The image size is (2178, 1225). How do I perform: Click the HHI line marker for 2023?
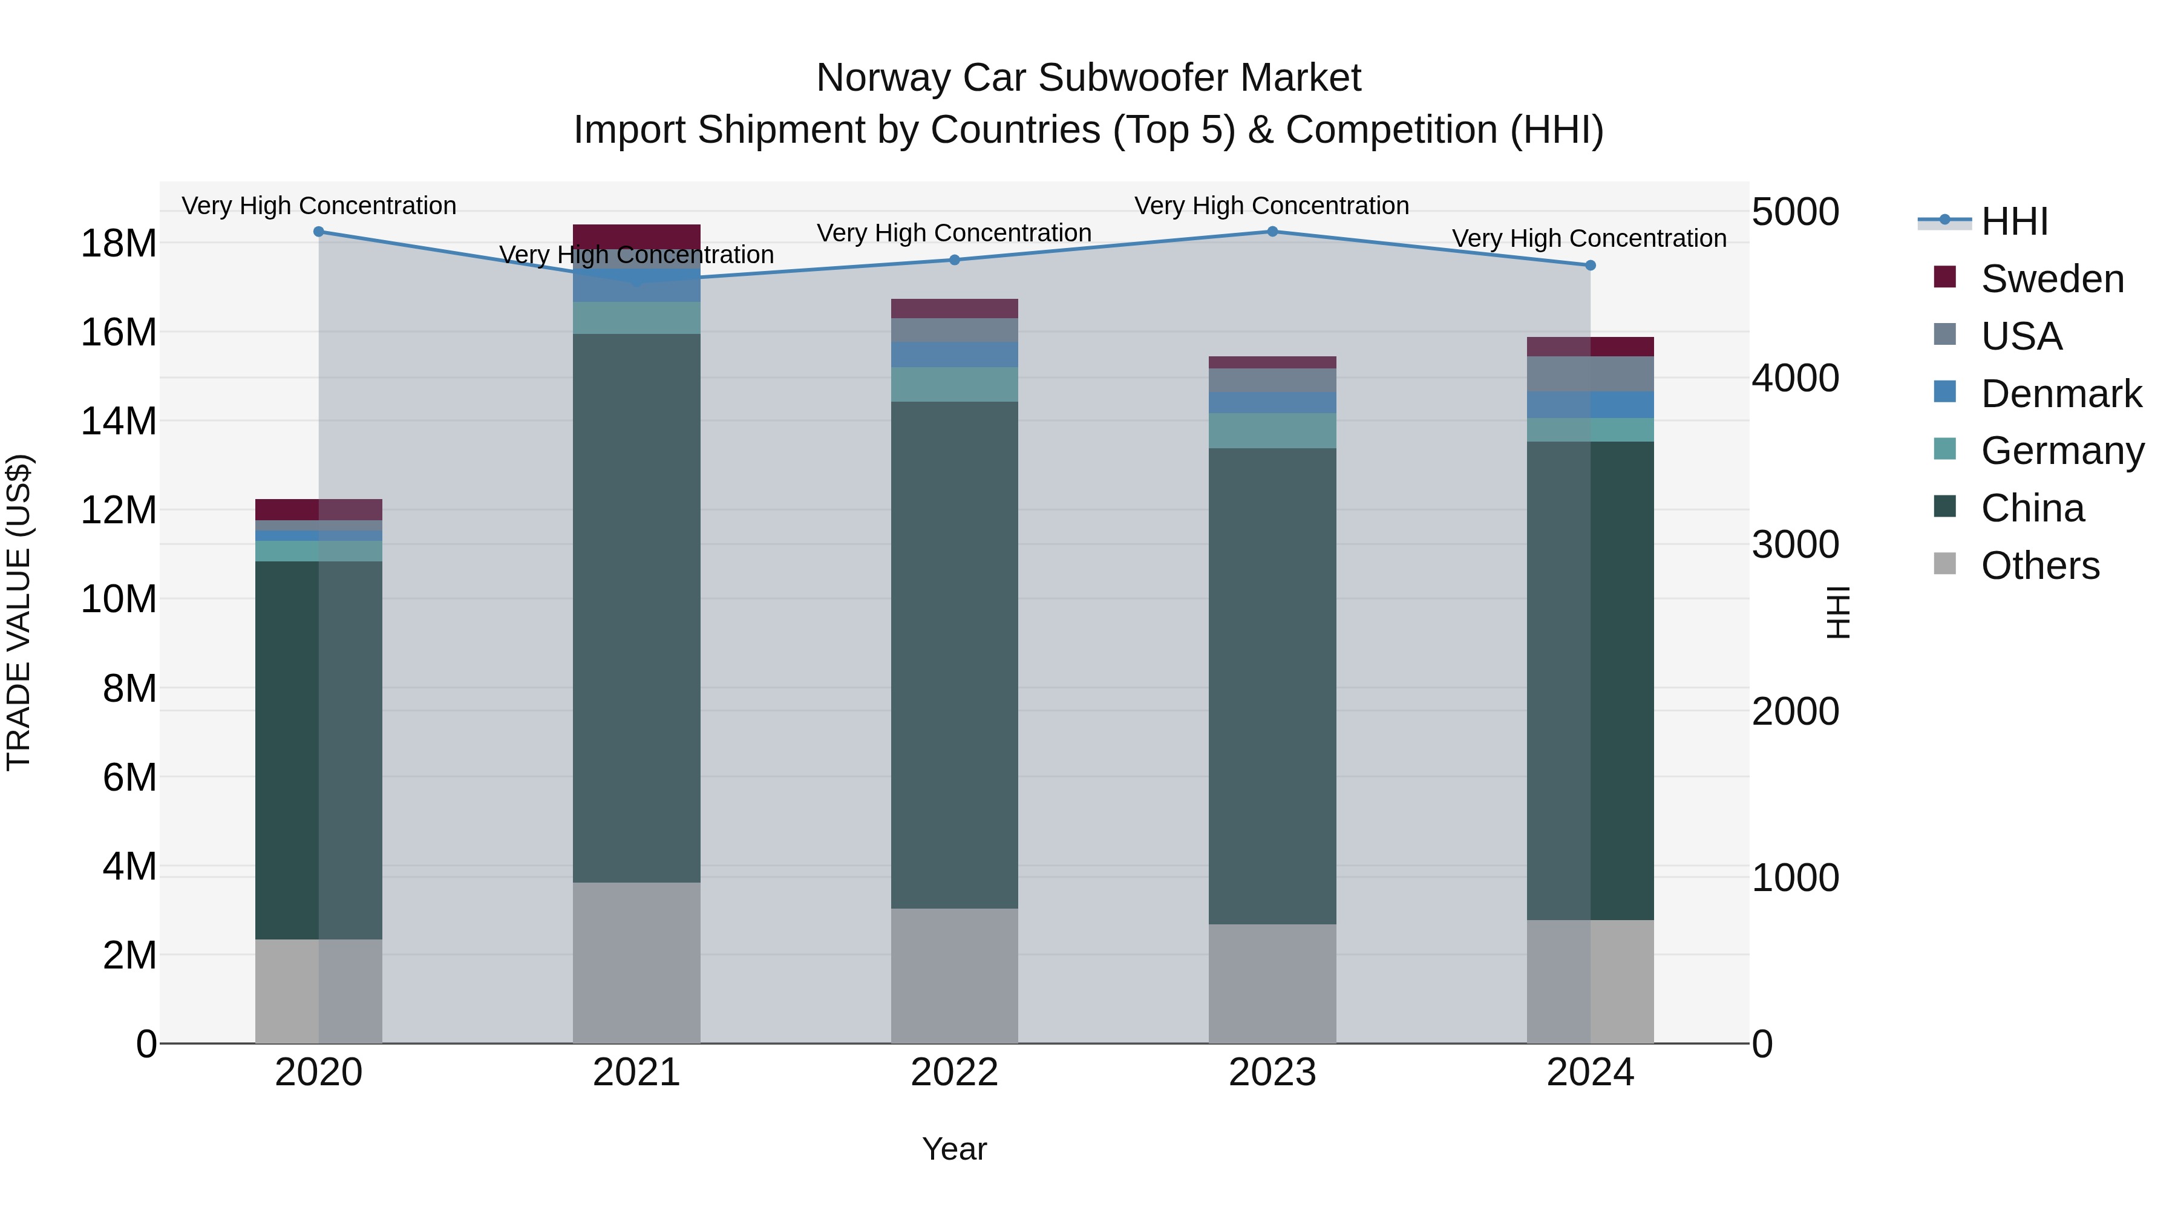coord(1272,232)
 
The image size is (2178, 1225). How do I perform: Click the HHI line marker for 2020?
coord(319,232)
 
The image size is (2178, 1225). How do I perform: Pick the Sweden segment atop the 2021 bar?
coord(636,236)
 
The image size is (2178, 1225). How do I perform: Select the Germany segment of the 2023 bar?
coord(1272,431)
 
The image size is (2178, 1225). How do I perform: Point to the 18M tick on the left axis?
coord(119,243)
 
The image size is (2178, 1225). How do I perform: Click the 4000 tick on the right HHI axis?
coord(1794,378)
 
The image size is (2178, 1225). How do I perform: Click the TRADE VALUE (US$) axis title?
coord(19,612)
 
